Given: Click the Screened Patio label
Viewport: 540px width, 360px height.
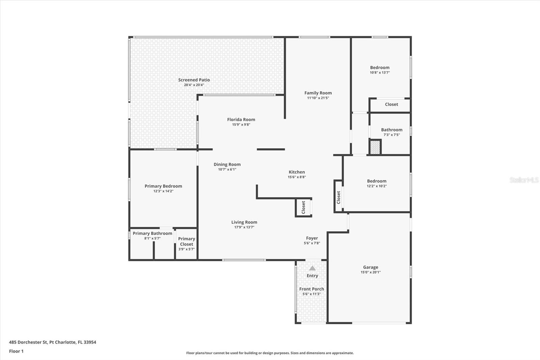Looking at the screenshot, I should (194, 80).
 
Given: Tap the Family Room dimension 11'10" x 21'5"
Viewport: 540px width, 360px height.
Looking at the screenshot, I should (318, 98).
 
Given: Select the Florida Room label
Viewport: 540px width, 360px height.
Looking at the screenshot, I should (241, 120).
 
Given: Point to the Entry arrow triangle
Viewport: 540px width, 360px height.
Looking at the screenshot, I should (313, 268).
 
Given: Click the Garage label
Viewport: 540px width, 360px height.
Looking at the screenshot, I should (371, 267).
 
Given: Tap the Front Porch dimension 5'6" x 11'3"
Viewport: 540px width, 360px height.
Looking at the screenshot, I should (312, 294).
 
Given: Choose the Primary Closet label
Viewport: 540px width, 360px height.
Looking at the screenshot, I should (187, 241).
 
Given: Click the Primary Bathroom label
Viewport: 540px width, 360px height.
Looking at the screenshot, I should (152, 233).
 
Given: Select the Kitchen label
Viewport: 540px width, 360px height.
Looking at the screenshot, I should (297, 172).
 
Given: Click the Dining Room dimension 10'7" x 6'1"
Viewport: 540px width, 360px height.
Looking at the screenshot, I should (227, 170).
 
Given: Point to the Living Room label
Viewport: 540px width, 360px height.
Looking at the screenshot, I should (244, 222).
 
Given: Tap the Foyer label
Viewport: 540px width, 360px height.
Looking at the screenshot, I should (312, 238).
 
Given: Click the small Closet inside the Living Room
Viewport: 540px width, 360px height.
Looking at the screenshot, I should (303, 207).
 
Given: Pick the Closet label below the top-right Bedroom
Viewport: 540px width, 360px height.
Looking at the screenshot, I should (391, 104).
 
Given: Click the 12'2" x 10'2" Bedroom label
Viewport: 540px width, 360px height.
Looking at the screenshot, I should (377, 181).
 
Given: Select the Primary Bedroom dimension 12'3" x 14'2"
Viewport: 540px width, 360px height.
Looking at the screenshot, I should (163, 191).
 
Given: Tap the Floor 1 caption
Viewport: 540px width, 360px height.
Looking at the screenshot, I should (16, 351).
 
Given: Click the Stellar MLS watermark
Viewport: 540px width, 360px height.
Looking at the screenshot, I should (524, 180).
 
